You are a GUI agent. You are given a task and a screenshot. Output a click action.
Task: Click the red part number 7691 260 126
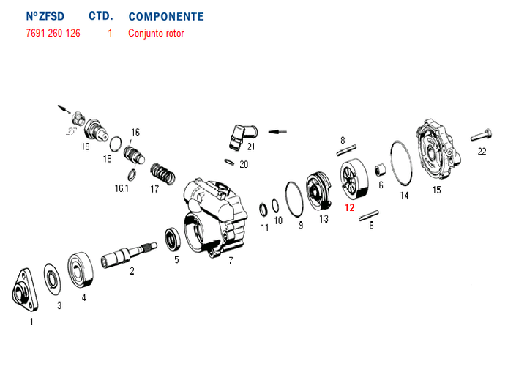[x=53, y=33]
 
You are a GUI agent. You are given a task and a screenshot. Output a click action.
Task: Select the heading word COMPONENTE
[x=166, y=16]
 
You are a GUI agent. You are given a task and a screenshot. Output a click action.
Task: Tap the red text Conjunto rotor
[x=156, y=34]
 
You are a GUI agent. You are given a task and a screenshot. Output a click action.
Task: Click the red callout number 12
[x=350, y=207]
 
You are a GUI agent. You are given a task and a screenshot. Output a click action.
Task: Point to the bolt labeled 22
[x=481, y=135]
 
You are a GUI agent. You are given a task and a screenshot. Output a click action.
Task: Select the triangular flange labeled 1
[x=25, y=290]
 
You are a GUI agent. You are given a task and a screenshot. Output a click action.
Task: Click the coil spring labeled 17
[x=162, y=174]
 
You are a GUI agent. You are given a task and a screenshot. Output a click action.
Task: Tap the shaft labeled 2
[x=129, y=255]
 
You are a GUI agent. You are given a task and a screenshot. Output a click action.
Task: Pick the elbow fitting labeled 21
[x=242, y=136]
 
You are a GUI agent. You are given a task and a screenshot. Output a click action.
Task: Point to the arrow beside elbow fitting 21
[x=277, y=132]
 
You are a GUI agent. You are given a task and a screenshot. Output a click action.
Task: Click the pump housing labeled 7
[x=216, y=218]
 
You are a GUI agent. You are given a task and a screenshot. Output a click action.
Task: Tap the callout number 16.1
[x=122, y=188]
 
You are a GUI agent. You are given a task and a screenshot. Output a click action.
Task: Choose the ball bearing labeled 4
[x=81, y=270]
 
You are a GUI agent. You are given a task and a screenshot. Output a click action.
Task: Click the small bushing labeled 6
[x=380, y=169]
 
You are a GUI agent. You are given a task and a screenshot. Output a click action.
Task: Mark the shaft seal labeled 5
[x=173, y=239]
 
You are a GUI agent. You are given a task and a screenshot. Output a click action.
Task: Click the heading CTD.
[x=101, y=16]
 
